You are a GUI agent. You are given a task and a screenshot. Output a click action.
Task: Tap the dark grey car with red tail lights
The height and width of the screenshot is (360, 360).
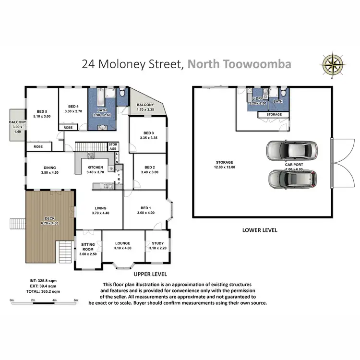coord(292,178)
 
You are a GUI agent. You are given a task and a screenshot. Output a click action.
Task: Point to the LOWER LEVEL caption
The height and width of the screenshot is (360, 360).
coord(260,230)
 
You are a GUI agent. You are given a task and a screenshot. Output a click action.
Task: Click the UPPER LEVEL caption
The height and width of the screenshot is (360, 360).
coord(149,275)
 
